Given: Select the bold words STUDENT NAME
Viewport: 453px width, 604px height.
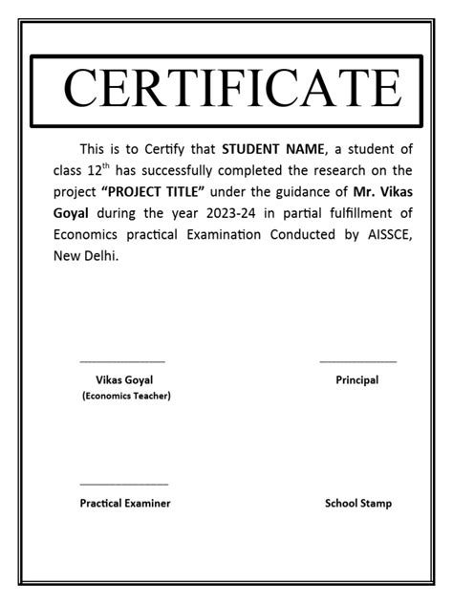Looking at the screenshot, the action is [274, 149].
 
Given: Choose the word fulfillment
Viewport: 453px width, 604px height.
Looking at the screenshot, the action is [354, 215].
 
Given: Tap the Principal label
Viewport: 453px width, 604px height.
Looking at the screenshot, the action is [357, 379].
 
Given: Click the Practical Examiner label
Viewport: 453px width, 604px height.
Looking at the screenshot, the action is [125, 503].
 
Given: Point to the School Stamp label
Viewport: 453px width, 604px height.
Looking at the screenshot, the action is [357, 503].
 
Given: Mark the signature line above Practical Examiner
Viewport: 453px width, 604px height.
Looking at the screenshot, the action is [124, 485].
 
